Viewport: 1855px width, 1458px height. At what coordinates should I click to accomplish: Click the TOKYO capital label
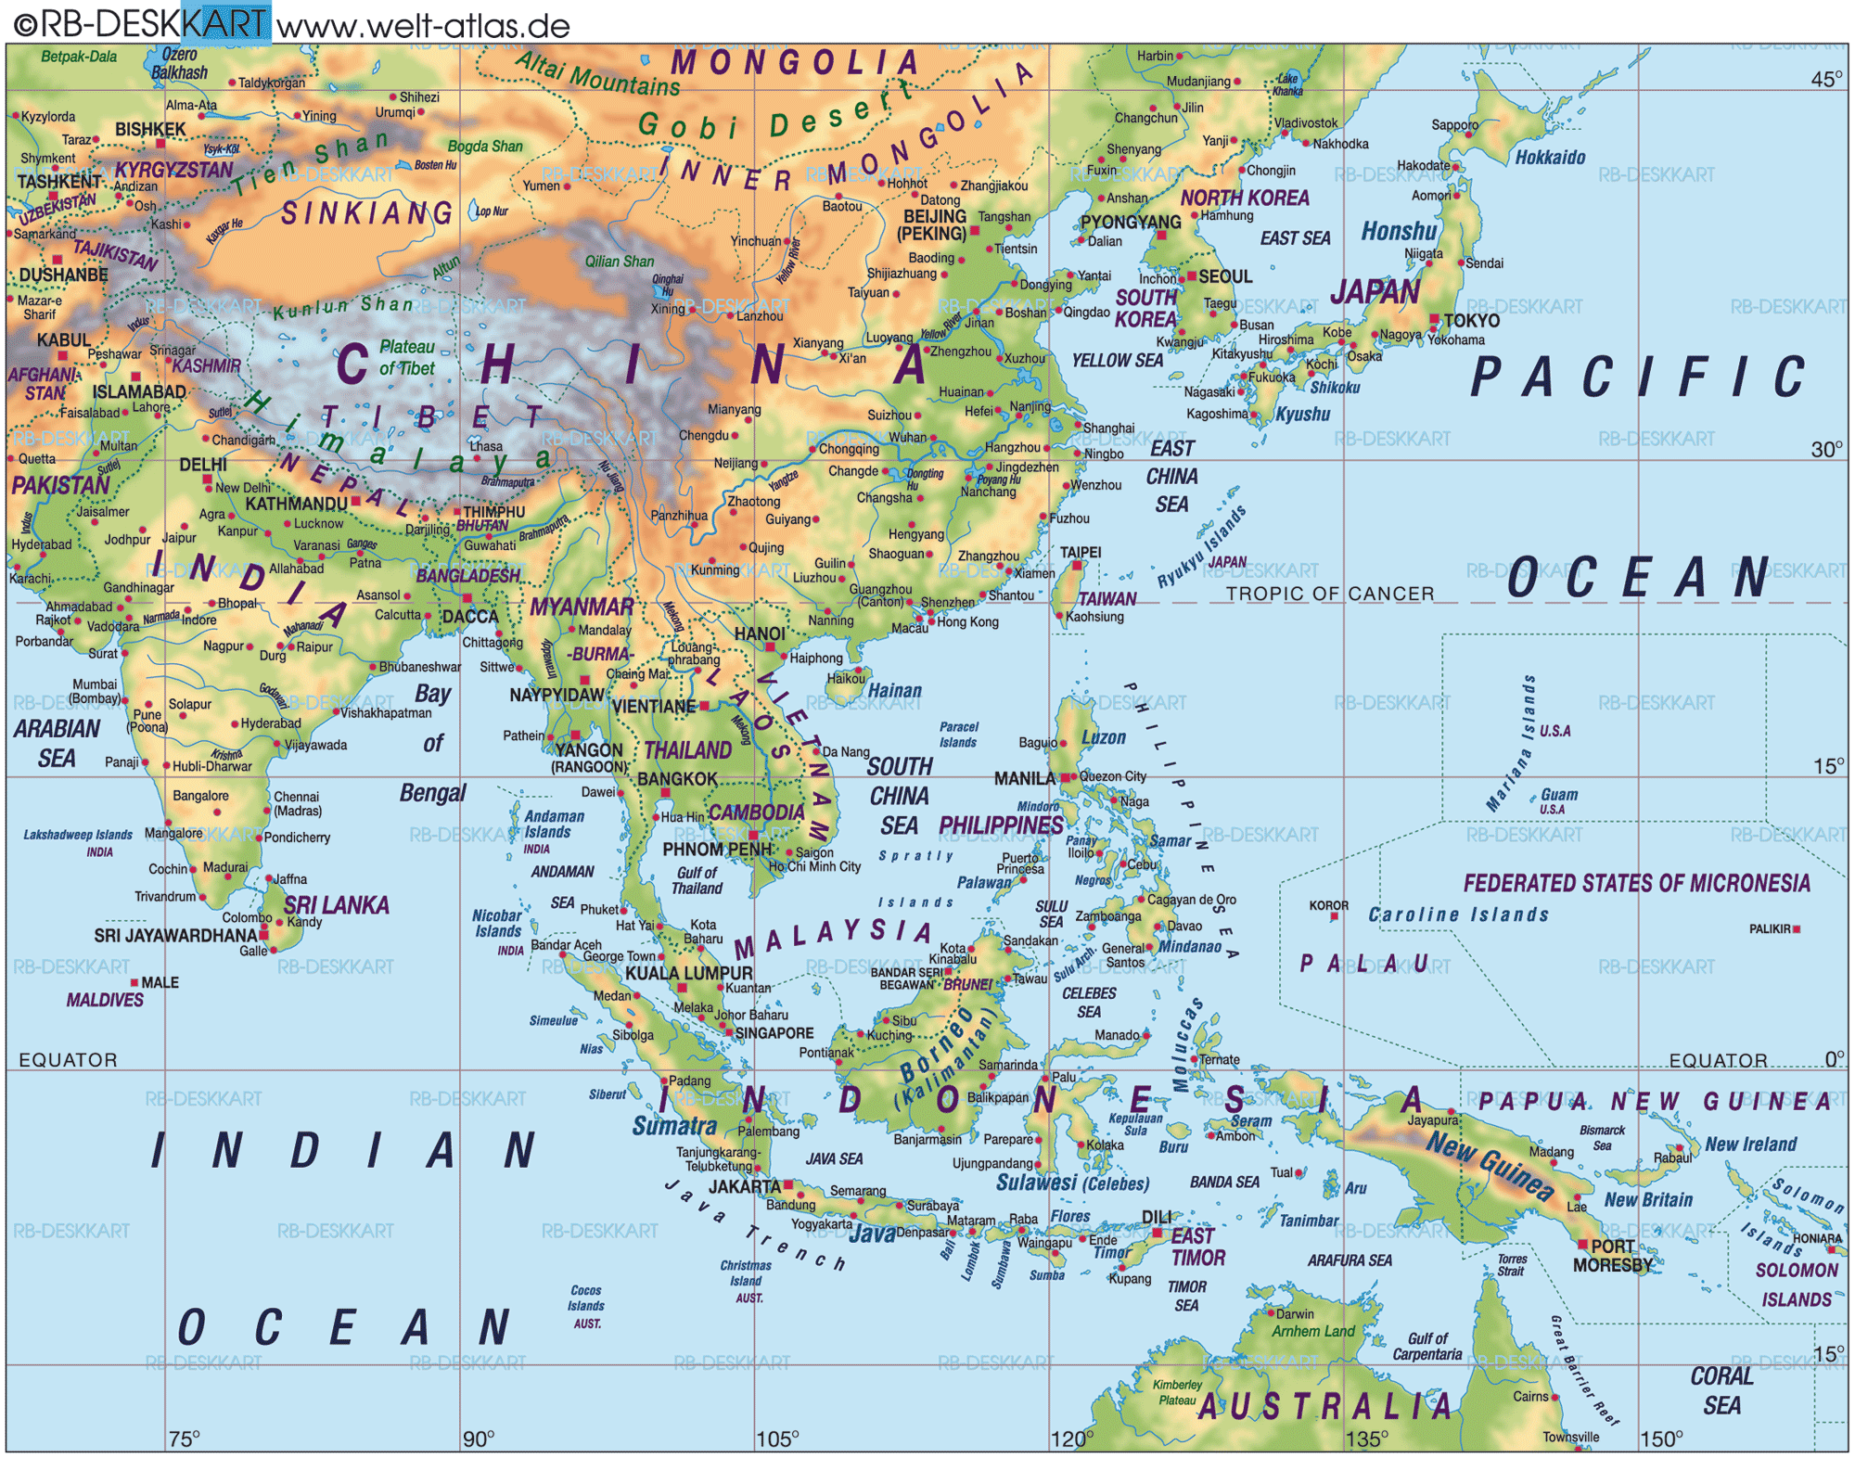pyautogui.click(x=1471, y=320)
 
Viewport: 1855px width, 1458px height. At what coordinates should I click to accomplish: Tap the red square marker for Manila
pyautogui.click(x=1066, y=777)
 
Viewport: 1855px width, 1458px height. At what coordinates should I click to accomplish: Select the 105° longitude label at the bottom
pyautogui.click(x=776, y=1439)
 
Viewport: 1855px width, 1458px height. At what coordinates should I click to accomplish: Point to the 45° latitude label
pyautogui.click(x=1826, y=79)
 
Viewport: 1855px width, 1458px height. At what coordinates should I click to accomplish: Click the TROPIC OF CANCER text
pyautogui.click(x=1329, y=594)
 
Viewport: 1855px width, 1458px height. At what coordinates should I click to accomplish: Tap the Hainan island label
pyautogui.click(x=894, y=691)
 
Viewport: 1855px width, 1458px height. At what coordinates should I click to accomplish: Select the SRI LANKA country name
pyautogui.click(x=336, y=905)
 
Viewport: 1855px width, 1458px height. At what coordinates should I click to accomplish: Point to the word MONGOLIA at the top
pyautogui.click(x=795, y=63)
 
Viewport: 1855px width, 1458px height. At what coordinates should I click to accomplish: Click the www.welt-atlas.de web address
pyautogui.click(x=423, y=25)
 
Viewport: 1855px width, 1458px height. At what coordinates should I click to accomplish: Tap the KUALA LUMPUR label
pyautogui.click(x=688, y=973)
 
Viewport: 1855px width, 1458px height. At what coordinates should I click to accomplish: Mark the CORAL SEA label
pyautogui.click(x=1721, y=1390)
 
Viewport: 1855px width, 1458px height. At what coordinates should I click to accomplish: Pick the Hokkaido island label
pyautogui.click(x=1550, y=158)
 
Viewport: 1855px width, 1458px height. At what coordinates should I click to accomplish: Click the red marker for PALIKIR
pyautogui.click(x=1797, y=928)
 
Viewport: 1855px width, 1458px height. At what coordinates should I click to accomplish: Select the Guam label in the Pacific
pyautogui.click(x=1559, y=795)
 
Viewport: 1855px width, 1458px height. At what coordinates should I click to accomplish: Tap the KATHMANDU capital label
pyautogui.click(x=296, y=504)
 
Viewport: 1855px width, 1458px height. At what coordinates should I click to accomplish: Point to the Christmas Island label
pyautogui.click(x=745, y=1273)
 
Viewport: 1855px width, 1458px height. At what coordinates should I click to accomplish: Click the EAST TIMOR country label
pyautogui.click(x=1196, y=1247)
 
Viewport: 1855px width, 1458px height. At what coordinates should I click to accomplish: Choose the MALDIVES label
pyautogui.click(x=105, y=1000)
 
